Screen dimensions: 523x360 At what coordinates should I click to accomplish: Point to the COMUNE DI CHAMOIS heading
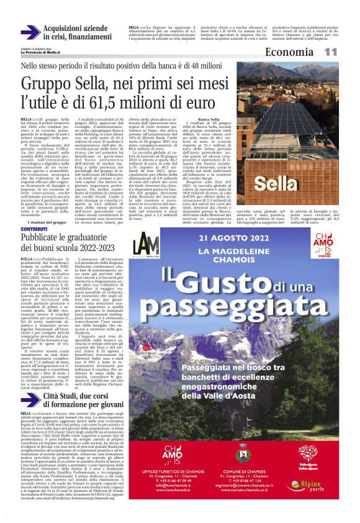click(294, 474)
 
